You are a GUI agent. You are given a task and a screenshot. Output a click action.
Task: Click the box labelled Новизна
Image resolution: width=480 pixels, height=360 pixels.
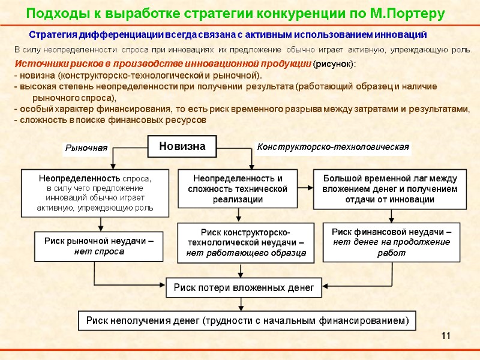click(x=182, y=146)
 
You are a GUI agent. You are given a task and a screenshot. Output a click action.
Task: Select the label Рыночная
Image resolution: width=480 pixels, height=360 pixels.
click(x=86, y=148)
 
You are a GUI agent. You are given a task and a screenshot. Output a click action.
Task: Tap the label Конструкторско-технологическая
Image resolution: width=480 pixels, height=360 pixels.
click(x=333, y=146)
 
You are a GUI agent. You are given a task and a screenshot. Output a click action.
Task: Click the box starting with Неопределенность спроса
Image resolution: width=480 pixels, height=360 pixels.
click(x=96, y=193)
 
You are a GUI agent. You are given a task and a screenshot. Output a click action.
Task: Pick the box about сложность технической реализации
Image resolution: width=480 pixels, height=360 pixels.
click(x=238, y=188)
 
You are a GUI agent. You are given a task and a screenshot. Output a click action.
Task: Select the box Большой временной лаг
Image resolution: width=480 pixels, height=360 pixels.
click(x=390, y=188)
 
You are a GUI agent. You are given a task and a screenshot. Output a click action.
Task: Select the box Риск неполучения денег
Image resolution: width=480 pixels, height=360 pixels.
click(x=247, y=320)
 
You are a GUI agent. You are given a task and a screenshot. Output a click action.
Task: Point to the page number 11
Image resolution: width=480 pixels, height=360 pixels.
click(x=445, y=335)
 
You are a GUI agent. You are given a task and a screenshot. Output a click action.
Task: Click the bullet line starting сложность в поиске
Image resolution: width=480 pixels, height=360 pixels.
click(x=110, y=120)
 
